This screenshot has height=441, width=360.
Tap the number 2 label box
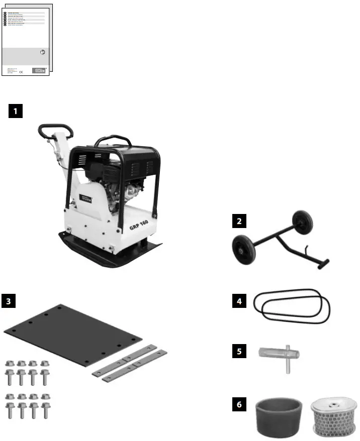click(240, 221)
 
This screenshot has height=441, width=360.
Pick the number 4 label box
click(240, 301)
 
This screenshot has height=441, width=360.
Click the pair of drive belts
click(292, 304)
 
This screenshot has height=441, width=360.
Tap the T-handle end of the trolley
click(322, 263)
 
